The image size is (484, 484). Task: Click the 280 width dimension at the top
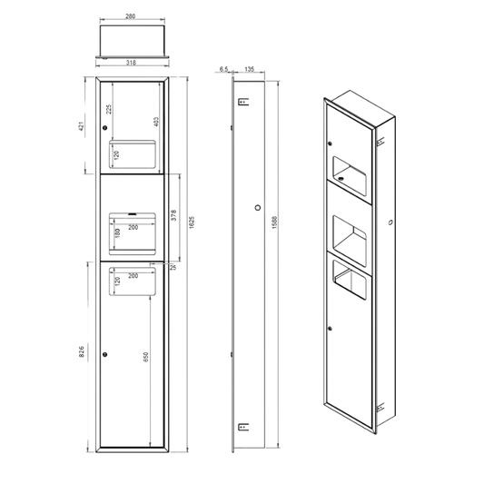coord(130,16)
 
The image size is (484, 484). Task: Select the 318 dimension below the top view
coord(131,63)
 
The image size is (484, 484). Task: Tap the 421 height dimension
coord(81,126)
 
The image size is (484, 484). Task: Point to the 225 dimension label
coord(109,109)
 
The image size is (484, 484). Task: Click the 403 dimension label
coord(156,122)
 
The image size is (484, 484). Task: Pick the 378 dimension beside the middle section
coord(173,215)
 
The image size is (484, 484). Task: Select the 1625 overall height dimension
coord(192,222)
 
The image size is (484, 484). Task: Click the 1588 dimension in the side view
coord(275,222)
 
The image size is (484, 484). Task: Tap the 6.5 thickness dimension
coord(223,69)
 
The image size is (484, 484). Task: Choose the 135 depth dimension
coord(250,69)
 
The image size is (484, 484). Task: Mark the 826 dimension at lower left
coord(82,352)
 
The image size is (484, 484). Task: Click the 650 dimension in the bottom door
coord(146,357)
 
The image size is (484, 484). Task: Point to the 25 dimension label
coord(173,268)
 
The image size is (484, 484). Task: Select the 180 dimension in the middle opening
coord(117,233)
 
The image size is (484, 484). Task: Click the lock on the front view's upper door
coord(105,127)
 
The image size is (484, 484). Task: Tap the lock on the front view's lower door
coord(105,354)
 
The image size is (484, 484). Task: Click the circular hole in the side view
coord(258,208)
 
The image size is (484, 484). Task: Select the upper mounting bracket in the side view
coord(243,102)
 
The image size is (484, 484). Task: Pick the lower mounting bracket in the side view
coord(243,427)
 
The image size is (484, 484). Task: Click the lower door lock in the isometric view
coord(330,329)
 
